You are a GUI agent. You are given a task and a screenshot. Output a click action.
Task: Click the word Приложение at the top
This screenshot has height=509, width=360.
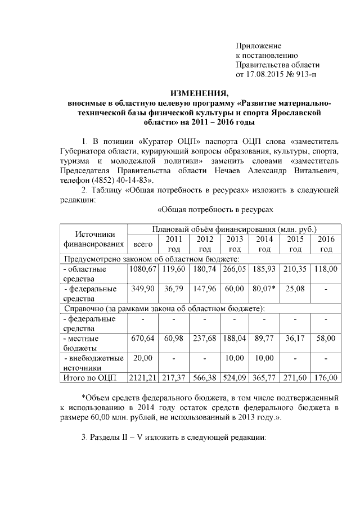pyautogui.click(x=258, y=45)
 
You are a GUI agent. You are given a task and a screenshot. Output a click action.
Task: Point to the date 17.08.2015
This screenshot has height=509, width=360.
pyautogui.click(x=263, y=75)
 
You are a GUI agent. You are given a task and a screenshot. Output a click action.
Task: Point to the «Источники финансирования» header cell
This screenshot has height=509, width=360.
pyautogui.click(x=93, y=240)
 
